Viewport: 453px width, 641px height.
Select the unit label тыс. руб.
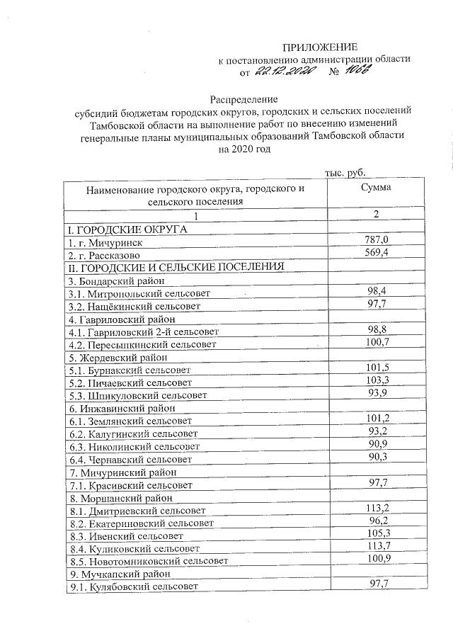click(345, 172)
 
